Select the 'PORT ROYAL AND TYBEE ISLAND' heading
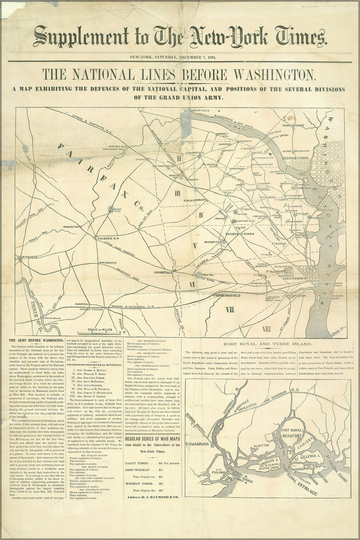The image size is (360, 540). click(264, 343)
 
